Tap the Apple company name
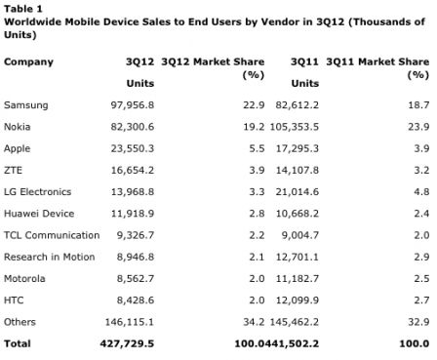point(19,149)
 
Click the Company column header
point(29,62)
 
